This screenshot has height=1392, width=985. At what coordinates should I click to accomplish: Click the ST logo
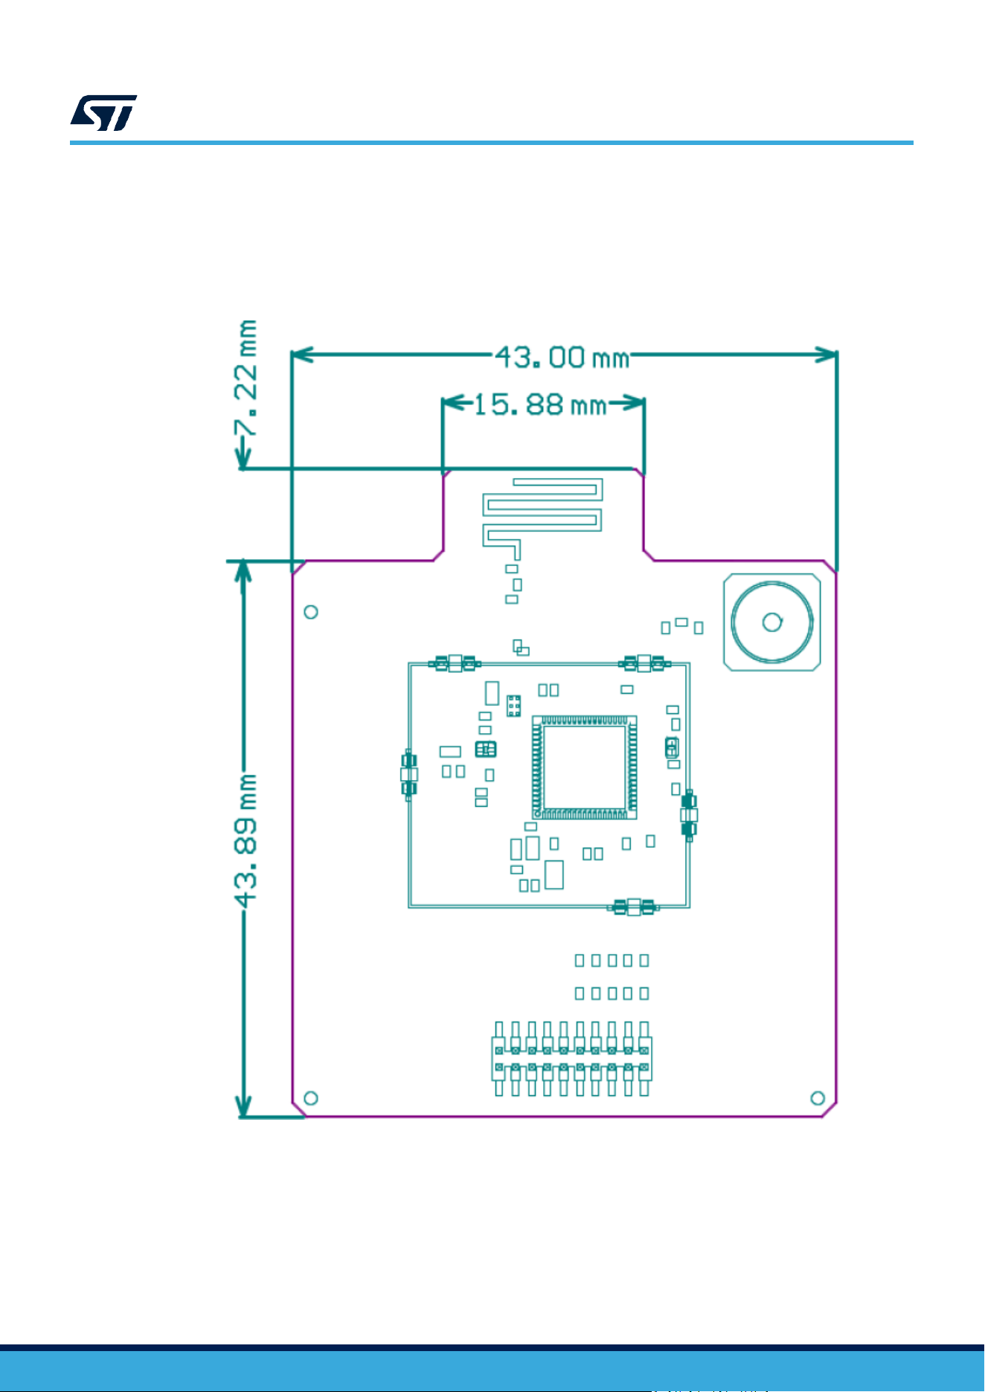click(x=103, y=113)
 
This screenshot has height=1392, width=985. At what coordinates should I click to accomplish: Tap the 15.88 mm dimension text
click(x=539, y=405)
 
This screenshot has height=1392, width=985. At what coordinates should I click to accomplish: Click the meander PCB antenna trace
click(x=542, y=513)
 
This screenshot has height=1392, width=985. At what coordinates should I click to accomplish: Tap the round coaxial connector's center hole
click(x=772, y=622)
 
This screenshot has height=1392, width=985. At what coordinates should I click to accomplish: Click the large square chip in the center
click(x=584, y=767)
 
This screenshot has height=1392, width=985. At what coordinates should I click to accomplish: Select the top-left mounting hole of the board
click(x=312, y=611)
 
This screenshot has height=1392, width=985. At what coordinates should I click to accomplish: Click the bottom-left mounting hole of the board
click(x=312, y=1098)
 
